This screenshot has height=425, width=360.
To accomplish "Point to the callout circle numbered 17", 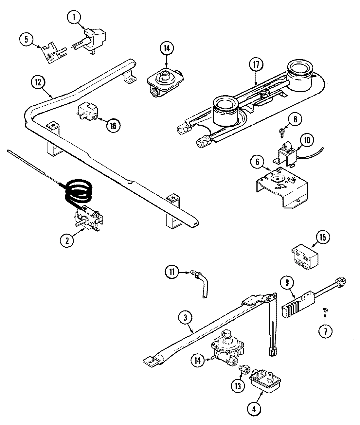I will coord(256,65).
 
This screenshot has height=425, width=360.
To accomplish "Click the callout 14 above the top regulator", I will coord(166,48).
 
